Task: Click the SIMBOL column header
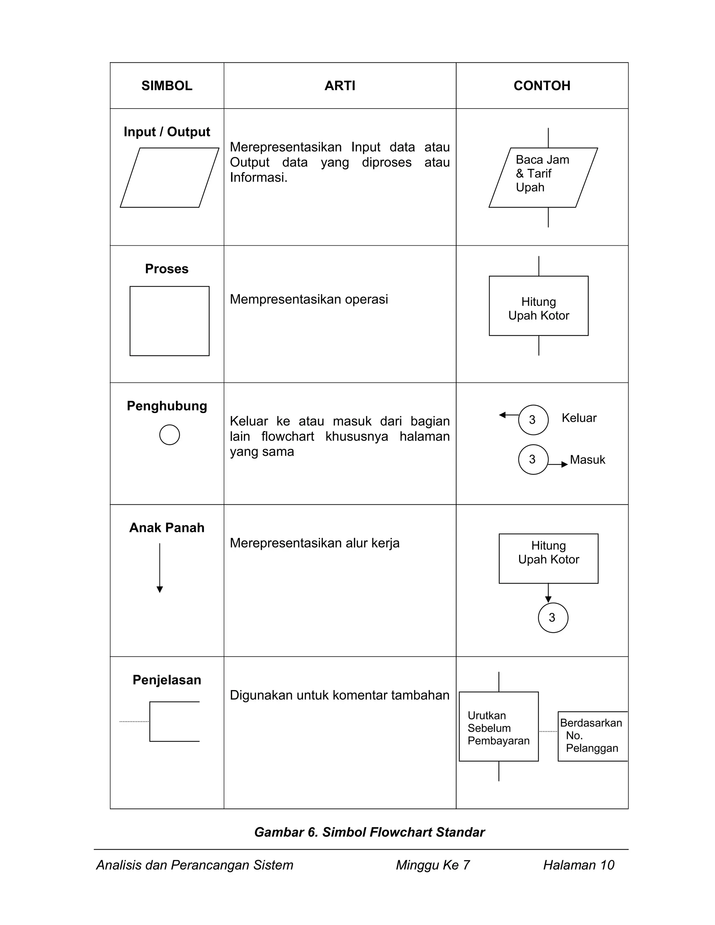point(167,86)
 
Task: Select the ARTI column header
point(340,86)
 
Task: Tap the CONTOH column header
point(542,86)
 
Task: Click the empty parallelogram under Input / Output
point(169,177)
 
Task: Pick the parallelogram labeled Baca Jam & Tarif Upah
point(543,177)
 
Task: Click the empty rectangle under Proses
point(169,321)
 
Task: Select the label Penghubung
point(167,406)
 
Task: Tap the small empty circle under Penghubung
point(169,435)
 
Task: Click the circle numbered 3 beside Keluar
point(533,420)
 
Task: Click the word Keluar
point(578,418)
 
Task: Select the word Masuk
point(587,460)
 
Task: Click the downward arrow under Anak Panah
point(160,568)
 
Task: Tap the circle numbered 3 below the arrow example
point(553,617)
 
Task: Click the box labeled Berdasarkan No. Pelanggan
point(592,736)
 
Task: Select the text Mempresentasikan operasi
point(308,299)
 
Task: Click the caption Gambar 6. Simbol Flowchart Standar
point(369,832)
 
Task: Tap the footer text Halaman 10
point(578,865)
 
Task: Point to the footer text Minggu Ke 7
point(433,865)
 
